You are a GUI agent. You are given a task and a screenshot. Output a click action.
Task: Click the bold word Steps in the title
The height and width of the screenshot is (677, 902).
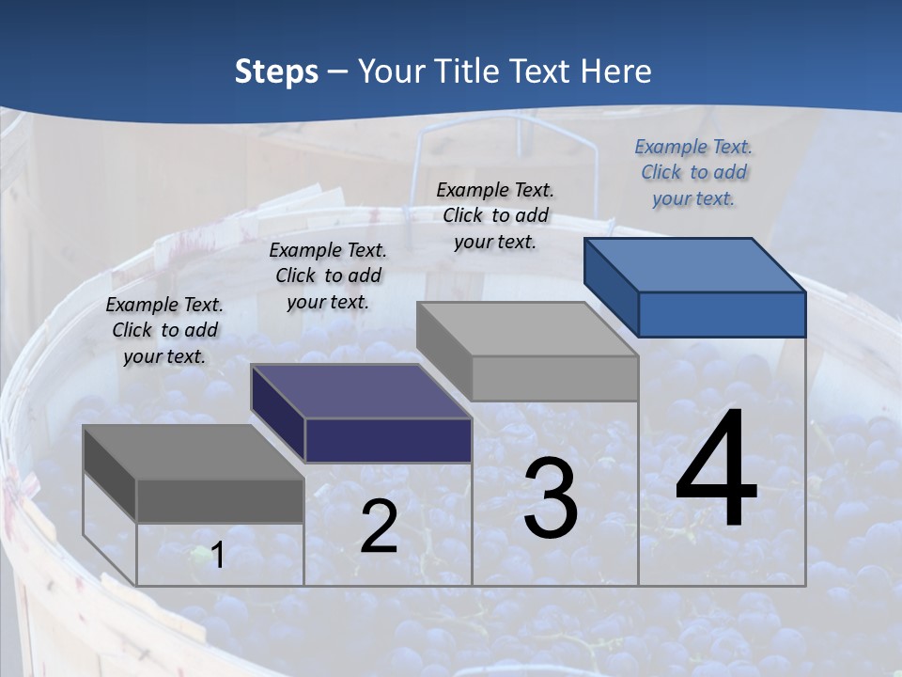click(276, 71)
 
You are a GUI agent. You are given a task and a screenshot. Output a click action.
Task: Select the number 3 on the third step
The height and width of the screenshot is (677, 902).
click(551, 498)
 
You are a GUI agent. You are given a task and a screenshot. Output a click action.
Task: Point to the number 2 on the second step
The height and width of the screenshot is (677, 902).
click(379, 527)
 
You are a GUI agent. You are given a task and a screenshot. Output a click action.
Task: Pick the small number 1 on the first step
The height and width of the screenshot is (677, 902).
click(217, 556)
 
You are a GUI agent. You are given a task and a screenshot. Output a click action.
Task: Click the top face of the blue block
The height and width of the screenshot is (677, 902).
click(695, 264)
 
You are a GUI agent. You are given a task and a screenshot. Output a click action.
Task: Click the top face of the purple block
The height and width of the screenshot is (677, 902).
click(361, 390)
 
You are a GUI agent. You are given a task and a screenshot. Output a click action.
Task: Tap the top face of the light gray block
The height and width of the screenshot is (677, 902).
click(527, 329)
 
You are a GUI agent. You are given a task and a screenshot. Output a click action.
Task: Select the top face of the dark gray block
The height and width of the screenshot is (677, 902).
click(194, 451)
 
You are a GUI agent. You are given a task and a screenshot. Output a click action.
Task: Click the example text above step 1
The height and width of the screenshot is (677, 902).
click(164, 330)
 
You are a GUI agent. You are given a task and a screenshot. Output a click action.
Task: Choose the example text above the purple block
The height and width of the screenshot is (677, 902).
click(328, 276)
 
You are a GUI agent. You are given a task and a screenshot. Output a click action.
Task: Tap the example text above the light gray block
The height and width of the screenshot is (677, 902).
click(495, 215)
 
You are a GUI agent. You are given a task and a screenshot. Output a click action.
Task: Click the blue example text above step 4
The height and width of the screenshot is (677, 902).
click(693, 172)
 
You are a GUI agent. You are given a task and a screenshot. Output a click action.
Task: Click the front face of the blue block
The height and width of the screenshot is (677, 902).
click(722, 314)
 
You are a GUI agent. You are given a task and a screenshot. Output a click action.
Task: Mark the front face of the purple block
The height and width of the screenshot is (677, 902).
click(388, 440)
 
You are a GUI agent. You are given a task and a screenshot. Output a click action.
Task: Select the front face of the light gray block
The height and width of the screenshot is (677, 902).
click(554, 378)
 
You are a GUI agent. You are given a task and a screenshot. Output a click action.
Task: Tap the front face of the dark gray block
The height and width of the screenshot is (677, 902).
click(220, 500)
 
